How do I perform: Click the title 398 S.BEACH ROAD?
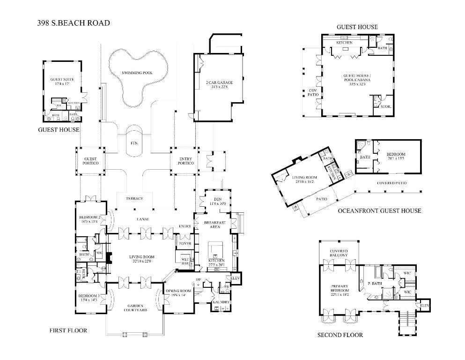tap(74, 22)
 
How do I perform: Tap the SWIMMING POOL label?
tap(137, 73)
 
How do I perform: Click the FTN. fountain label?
tap(134, 142)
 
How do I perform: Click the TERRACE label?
tap(134, 199)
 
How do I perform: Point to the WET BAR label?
tap(185, 261)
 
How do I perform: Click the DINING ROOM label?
tap(179, 293)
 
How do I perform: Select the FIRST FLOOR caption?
tap(68, 330)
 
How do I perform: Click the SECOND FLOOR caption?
tap(340, 335)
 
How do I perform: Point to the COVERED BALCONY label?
tap(339, 253)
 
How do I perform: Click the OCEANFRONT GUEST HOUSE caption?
tap(379, 211)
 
